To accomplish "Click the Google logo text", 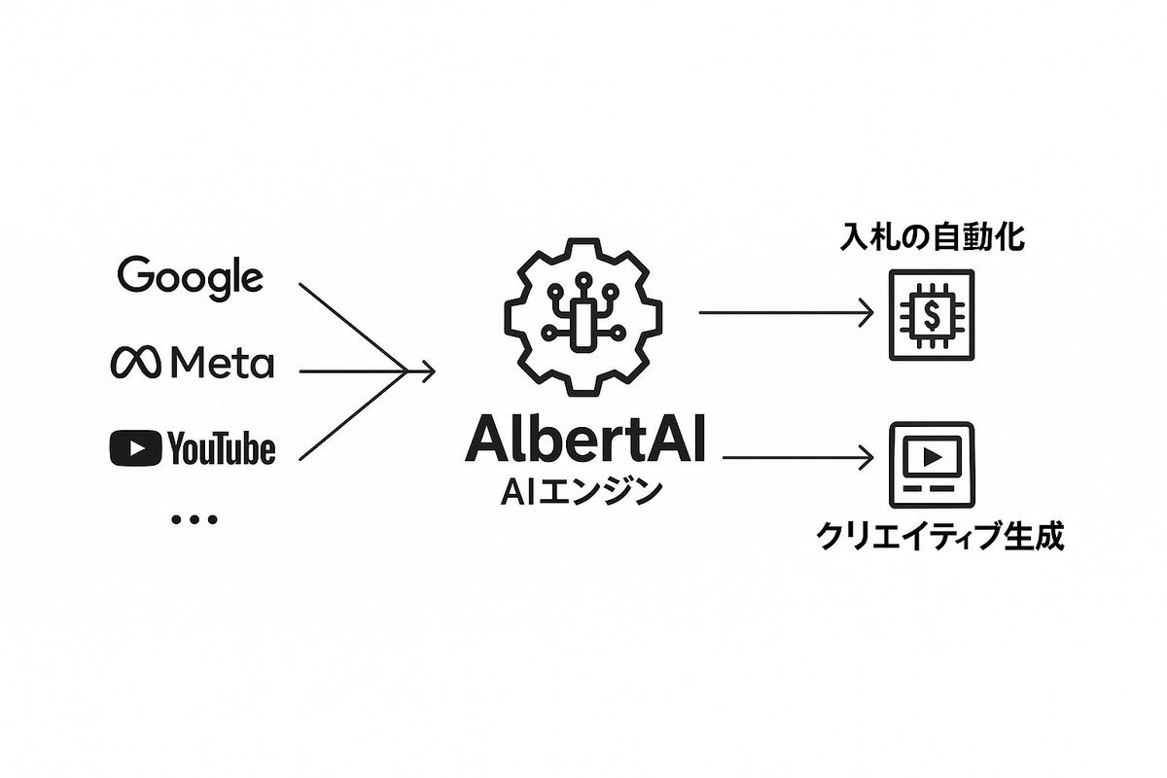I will pyautogui.click(x=190, y=277).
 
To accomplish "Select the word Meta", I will pyautogui.click(x=222, y=364).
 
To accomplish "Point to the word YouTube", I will pyautogui.click(x=221, y=449).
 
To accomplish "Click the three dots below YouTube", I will pyautogui.click(x=194, y=520).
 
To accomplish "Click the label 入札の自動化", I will pyautogui.click(x=934, y=237).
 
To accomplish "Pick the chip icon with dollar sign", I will pyautogui.click(x=933, y=313).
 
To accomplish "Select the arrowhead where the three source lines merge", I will pyautogui.click(x=424, y=371).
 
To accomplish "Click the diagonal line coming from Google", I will pyautogui.click(x=350, y=326).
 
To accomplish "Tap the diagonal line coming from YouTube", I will pyautogui.click(x=350, y=415).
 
